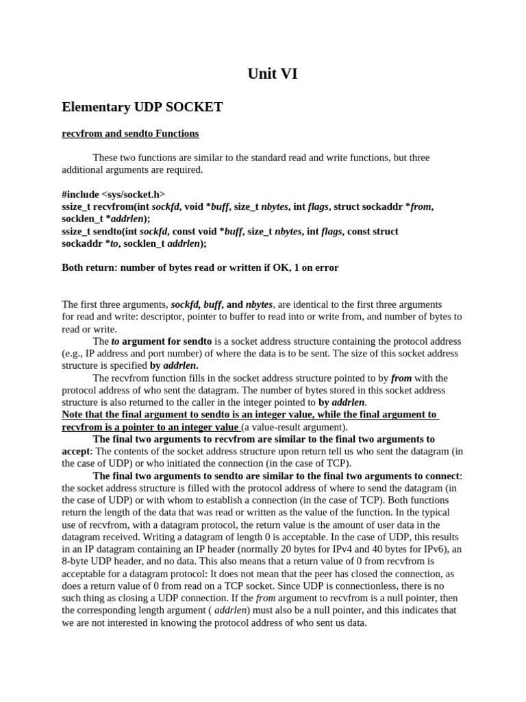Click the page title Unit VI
click(272, 74)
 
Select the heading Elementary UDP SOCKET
click(142, 107)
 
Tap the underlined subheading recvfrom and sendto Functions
click(130, 133)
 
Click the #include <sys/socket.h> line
click(114, 195)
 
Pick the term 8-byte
click(77, 561)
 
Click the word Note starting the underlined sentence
click(74, 415)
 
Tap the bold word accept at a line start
click(76, 451)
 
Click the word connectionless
click(379, 585)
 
